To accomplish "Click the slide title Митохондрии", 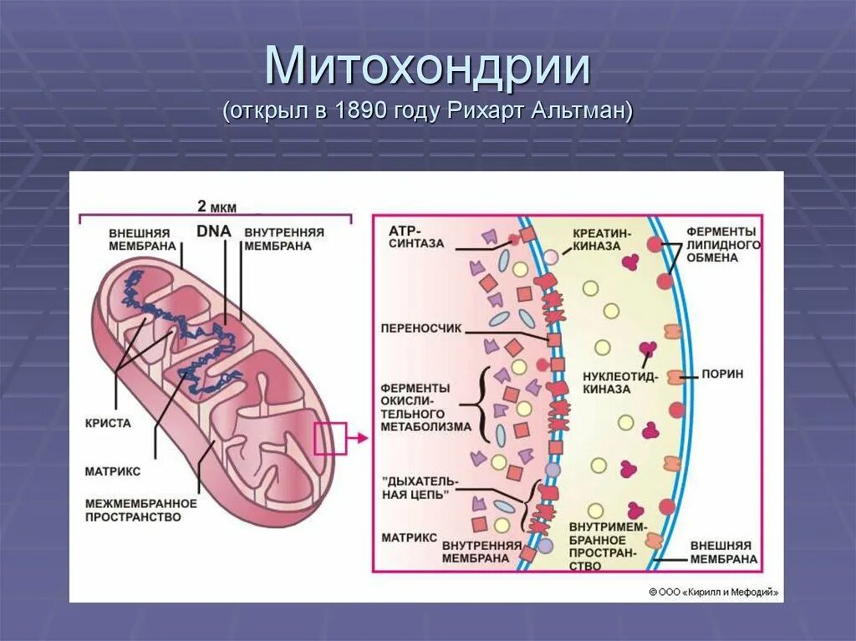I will [x=427, y=69].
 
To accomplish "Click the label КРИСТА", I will [x=108, y=423].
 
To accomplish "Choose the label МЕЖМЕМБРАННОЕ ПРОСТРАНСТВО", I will [x=140, y=510].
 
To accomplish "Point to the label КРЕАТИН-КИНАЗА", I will [x=603, y=238].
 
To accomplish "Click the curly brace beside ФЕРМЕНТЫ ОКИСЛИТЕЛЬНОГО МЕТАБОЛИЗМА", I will [x=483, y=410].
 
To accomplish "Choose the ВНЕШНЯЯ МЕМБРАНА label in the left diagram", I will [x=142, y=239].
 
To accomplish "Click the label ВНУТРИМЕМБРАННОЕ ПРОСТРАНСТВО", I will [x=603, y=547].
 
